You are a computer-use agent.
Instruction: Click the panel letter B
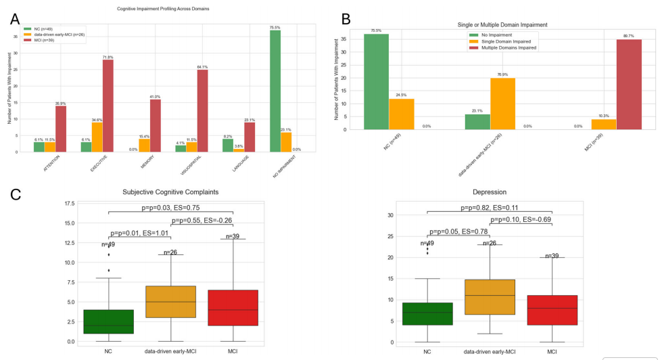point(346,18)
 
